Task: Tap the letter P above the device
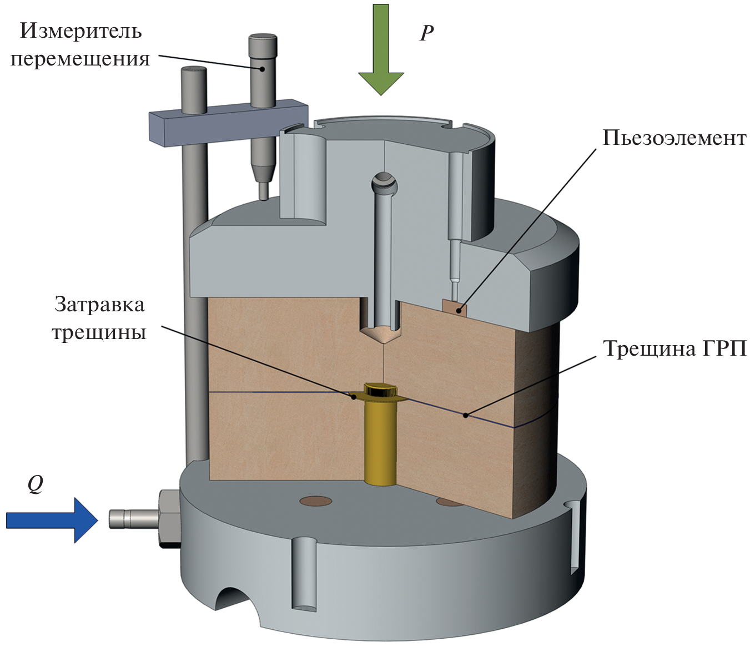[426, 33]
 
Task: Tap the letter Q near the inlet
[35, 484]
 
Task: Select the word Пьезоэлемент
[675, 138]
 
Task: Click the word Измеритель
[81, 31]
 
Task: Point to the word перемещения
[80, 58]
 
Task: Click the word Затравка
[99, 304]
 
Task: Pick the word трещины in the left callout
[99, 332]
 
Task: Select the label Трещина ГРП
[675, 348]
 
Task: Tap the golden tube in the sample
[380, 438]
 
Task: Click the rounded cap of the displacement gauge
[262, 42]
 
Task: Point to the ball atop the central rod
[384, 181]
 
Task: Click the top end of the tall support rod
[194, 72]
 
